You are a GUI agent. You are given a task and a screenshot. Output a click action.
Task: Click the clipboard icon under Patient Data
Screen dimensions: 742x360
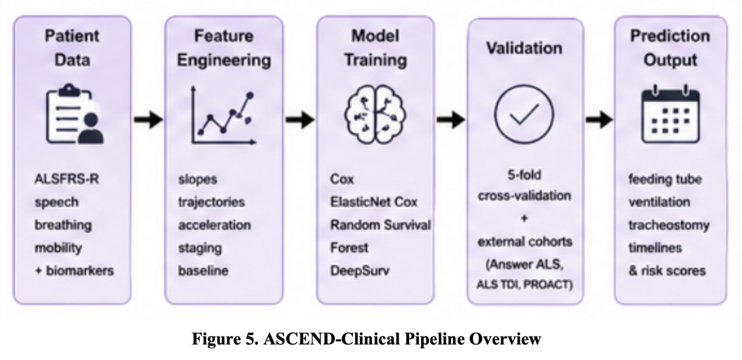pos(75,114)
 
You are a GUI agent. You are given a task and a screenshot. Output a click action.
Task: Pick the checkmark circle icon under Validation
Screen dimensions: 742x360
pos(524,114)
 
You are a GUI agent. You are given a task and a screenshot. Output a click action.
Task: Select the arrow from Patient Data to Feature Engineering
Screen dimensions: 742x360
pos(149,119)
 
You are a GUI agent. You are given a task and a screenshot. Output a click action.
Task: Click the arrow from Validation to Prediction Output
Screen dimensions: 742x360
pos(599,119)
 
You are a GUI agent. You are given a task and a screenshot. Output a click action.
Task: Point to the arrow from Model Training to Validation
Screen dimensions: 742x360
pos(451,119)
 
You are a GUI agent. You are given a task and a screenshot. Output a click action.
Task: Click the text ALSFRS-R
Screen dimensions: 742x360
pos(67,179)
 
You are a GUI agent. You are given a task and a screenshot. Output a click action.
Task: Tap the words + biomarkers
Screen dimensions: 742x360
pos(74,270)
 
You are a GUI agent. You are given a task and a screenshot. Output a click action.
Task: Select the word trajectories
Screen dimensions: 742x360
pos(212,202)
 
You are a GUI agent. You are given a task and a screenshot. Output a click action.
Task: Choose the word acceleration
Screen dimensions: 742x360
pos(215,225)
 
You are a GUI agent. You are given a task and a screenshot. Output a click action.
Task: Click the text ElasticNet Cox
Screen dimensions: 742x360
pos(374,202)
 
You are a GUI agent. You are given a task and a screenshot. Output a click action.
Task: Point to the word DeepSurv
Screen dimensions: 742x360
pos(360,271)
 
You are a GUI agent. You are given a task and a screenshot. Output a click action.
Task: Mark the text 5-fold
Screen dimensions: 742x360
pos(524,175)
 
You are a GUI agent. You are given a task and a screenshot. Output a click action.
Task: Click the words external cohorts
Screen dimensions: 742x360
pos(525,242)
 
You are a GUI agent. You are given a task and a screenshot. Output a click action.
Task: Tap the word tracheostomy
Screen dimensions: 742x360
pos(669,225)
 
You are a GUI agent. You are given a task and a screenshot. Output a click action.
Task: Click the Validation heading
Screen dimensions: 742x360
pos(524,48)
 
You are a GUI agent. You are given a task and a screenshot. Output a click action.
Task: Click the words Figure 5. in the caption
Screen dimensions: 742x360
pos(225,339)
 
